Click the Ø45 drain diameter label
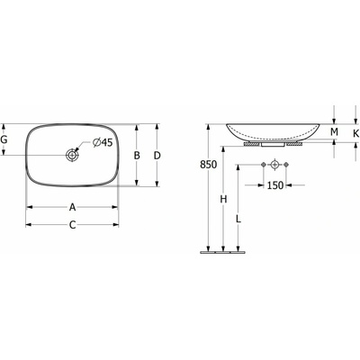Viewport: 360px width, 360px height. point(103,142)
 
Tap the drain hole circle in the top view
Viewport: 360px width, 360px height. point(72,155)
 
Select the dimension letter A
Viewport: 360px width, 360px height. point(72,207)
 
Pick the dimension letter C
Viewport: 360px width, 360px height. point(72,225)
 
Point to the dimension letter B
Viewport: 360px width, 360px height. point(137,156)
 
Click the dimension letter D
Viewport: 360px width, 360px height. point(157,156)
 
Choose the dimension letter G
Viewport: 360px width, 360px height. point(4,139)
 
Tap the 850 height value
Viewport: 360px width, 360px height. point(209,165)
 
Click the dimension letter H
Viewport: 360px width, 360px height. point(223,199)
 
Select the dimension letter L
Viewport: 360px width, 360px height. point(238,219)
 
